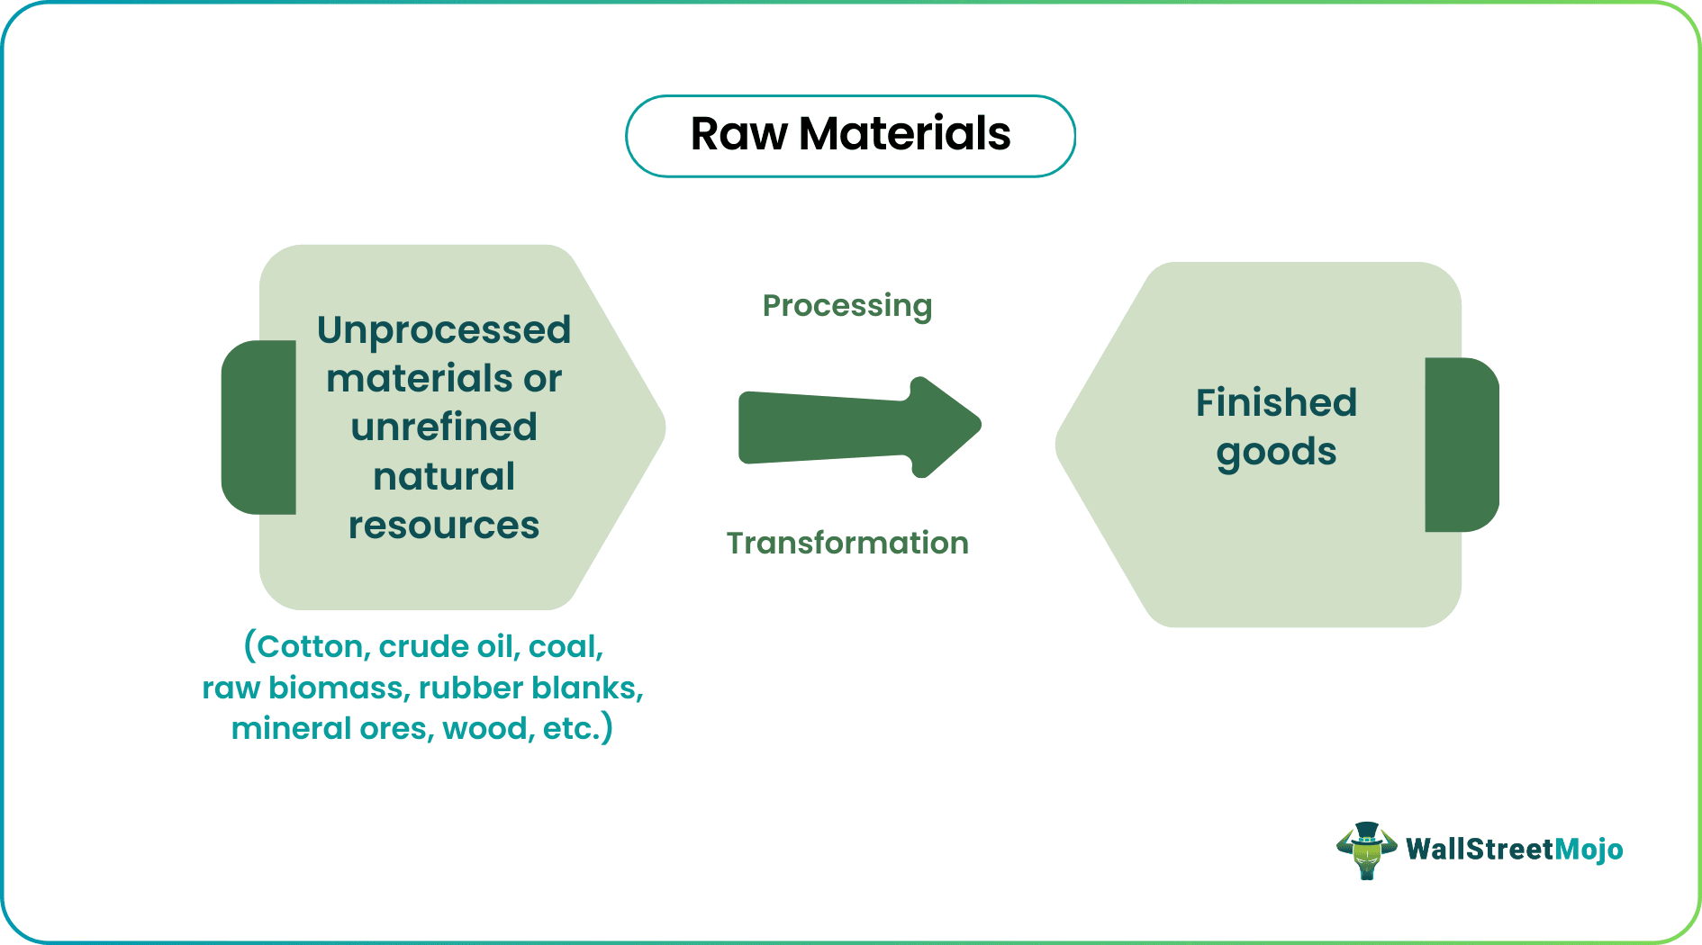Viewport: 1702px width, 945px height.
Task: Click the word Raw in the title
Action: (738, 135)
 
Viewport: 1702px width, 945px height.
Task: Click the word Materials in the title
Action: (904, 135)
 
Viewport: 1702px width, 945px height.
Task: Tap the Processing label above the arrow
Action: (846, 306)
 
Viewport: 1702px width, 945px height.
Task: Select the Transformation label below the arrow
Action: (847, 544)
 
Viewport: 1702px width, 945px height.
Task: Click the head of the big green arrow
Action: (946, 427)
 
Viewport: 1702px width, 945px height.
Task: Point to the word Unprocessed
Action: (444, 330)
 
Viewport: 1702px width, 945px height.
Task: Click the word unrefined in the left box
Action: (444, 427)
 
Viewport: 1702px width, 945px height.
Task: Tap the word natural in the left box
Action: (444, 476)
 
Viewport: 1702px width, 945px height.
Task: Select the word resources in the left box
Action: (444, 525)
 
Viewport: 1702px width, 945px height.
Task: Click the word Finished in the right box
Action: (1276, 402)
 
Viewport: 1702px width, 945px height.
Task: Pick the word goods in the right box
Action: (1276, 452)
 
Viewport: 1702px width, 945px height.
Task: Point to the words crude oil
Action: (448, 646)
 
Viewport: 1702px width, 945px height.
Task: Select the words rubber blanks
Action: (530, 688)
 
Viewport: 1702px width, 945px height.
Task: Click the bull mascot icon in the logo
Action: (1366, 850)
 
